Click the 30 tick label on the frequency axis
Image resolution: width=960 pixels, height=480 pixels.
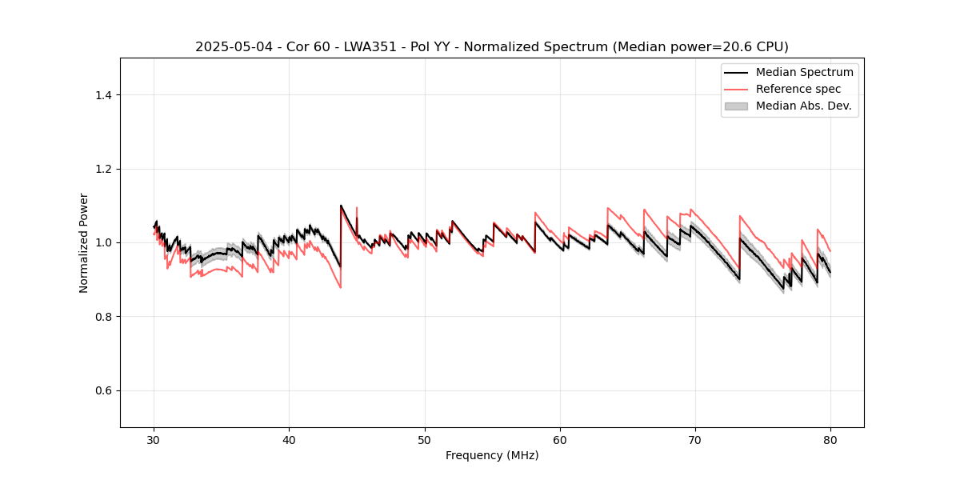tap(154, 439)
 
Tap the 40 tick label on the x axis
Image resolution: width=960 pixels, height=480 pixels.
tap(290, 439)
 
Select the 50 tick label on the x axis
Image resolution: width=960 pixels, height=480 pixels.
tap(425, 439)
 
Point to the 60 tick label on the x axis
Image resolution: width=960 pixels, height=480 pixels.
tap(560, 439)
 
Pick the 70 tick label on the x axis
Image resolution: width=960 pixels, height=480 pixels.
tap(695, 439)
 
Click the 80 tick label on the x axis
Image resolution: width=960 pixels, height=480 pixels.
tap(830, 439)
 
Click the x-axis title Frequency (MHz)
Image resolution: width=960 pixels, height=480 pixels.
tap(492, 455)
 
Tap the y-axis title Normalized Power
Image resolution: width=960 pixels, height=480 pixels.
tap(84, 242)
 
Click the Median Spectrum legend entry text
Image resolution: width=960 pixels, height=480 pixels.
tap(804, 72)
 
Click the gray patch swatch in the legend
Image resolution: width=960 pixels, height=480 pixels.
tap(736, 106)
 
